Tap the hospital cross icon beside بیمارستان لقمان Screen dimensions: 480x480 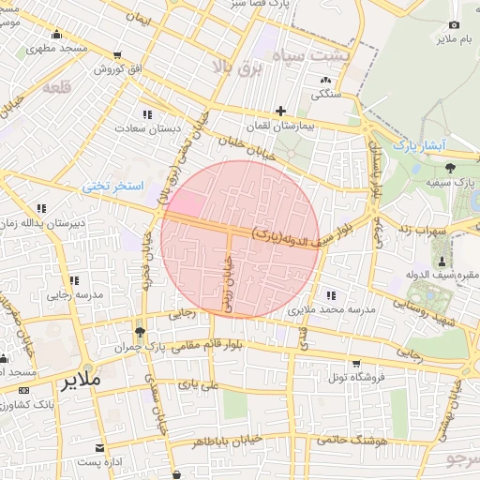pos(280,111)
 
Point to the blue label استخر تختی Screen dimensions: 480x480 pos(112,187)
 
